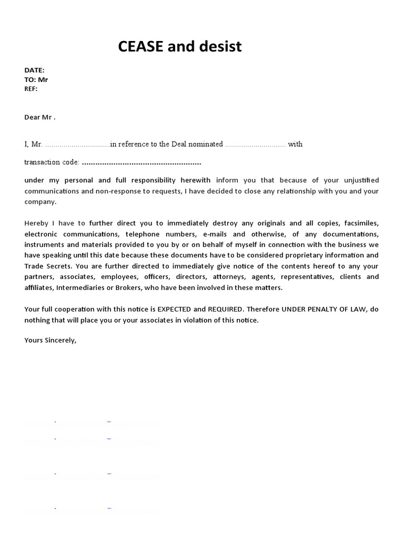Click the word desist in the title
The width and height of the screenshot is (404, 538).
[218, 47]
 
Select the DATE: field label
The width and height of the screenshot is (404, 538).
[34, 70]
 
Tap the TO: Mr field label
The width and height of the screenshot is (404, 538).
[36, 79]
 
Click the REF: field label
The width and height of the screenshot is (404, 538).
[31, 89]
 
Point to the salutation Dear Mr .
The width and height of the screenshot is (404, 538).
[40, 117]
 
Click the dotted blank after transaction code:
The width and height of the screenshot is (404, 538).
[142, 162]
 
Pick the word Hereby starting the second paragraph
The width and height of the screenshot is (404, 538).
[36, 223]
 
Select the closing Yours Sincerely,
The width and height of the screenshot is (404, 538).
[50, 340]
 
